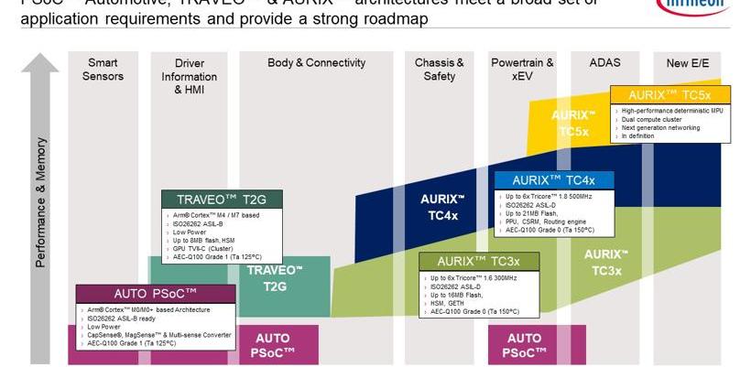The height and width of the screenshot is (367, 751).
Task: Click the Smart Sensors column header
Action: click(x=103, y=70)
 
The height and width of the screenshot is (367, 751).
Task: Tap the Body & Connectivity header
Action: click(x=316, y=63)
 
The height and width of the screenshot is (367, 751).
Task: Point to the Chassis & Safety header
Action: click(x=439, y=70)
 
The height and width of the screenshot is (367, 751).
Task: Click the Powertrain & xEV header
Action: click(x=522, y=70)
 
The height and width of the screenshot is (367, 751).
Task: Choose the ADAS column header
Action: click(x=604, y=63)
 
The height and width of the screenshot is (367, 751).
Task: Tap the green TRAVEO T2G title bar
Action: click(x=220, y=200)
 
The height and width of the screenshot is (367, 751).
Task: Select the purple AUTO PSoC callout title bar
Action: click(x=155, y=294)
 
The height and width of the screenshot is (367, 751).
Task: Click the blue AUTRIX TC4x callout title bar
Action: click(x=553, y=180)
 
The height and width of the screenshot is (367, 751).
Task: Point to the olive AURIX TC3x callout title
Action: click(x=479, y=261)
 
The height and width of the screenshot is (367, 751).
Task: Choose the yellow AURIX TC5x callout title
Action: click(x=669, y=95)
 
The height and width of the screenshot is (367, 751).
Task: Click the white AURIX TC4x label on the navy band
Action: click(x=443, y=207)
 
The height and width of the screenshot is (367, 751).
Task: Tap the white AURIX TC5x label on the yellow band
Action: click(x=573, y=124)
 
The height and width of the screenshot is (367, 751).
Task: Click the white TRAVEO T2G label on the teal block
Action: click(x=275, y=277)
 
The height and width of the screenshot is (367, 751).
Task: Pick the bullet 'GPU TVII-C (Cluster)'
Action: click(x=203, y=248)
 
